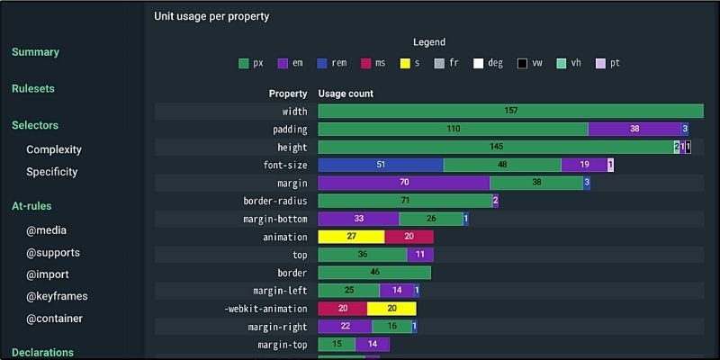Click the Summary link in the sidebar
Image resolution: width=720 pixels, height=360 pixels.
click(x=35, y=52)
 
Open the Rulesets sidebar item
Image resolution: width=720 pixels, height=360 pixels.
click(x=33, y=89)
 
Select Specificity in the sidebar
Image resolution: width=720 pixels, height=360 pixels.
click(x=51, y=172)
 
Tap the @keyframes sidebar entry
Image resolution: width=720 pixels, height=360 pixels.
click(x=57, y=296)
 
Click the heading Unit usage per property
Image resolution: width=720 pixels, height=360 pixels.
click(x=211, y=16)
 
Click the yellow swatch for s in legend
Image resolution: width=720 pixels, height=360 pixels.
click(x=405, y=63)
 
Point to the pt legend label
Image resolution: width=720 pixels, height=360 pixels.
click(x=615, y=63)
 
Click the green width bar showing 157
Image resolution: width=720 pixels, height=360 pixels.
click(x=510, y=112)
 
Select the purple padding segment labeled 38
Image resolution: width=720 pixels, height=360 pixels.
click(x=634, y=130)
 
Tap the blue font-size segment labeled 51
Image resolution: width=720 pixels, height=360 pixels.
click(x=381, y=166)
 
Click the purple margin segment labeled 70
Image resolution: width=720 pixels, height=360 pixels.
click(x=404, y=184)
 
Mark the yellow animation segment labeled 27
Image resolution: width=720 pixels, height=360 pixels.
click(x=351, y=238)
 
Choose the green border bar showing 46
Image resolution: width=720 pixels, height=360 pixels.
click(x=374, y=273)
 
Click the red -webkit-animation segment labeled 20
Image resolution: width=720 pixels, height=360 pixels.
click(x=343, y=309)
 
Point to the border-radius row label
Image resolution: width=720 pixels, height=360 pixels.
click(x=275, y=202)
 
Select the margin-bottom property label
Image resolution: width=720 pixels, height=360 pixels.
click(x=275, y=220)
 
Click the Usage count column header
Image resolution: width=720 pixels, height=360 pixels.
click(x=346, y=94)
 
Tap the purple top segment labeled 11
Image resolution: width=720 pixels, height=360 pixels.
click(x=420, y=255)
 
